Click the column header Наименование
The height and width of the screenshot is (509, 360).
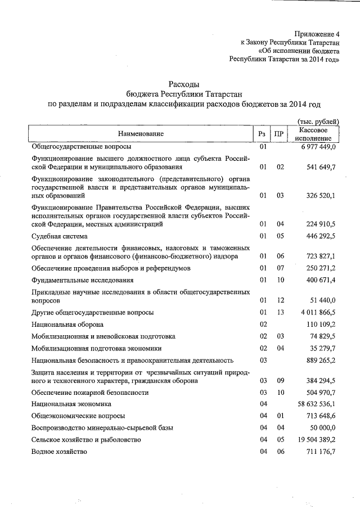click(x=141, y=134)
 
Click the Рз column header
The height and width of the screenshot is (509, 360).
click(x=262, y=134)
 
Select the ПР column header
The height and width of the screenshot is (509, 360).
click(x=278, y=134)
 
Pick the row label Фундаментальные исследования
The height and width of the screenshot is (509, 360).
click(x=83, y=280)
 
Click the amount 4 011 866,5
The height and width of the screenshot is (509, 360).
click(x=318, y=312)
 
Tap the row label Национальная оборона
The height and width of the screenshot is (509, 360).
click(x=67, y=325)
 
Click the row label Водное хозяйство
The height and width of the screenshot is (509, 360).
click(x=60, y=452)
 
